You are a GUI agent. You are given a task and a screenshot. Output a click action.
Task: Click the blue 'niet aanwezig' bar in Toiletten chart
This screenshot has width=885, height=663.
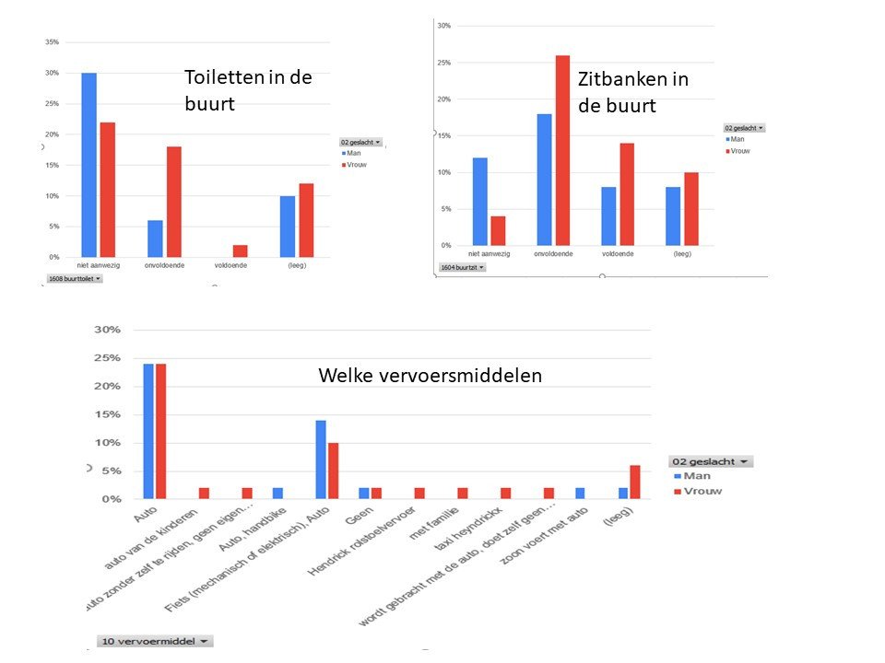(88, 165)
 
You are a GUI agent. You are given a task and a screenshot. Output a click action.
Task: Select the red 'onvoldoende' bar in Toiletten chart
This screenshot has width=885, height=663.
(173, 202)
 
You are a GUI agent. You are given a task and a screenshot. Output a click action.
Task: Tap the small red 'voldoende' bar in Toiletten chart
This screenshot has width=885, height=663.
(240, 250)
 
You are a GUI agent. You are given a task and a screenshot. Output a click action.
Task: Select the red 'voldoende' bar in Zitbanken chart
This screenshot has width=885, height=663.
(627, 194)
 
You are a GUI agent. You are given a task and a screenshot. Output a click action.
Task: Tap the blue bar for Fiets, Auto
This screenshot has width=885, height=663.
(321, 459)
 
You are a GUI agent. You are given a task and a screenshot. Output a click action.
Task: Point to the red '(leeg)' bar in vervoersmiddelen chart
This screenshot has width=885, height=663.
(634, 482)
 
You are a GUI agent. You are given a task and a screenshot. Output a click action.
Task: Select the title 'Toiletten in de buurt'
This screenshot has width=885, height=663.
(248, 90)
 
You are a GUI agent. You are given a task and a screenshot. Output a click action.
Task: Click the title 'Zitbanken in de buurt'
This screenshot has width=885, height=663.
(632, 92)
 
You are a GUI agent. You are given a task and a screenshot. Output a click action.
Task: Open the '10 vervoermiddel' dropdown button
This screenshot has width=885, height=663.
(154, 641)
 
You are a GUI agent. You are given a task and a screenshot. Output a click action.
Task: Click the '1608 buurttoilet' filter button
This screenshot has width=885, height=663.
(74, 278)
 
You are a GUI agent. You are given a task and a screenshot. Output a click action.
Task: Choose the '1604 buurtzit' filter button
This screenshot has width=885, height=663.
(461, 267)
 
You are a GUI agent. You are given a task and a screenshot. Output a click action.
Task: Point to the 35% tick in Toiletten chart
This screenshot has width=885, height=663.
(52, 42)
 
